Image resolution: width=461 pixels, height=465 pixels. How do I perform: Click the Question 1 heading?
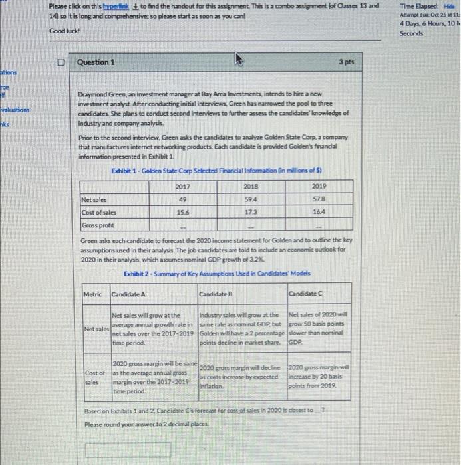[96, 62]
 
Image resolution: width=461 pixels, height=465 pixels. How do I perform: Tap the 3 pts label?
[346, 62]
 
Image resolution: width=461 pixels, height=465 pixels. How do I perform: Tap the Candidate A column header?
[128, 293]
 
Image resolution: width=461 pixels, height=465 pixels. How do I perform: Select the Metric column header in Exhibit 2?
[93, 293]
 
